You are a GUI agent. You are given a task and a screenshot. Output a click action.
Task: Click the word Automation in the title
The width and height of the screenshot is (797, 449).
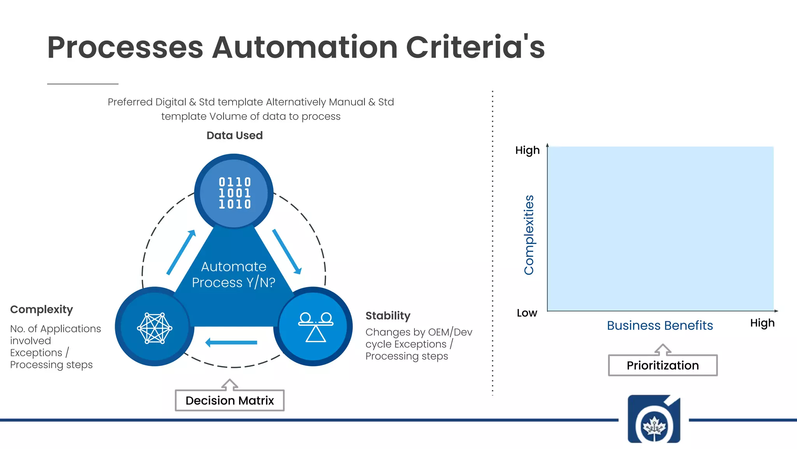pos(305,48)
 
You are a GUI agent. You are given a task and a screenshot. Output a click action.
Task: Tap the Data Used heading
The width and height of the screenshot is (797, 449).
pos(235,136)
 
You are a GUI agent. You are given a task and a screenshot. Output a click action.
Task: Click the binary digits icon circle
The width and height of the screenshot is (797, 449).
pos(234,193)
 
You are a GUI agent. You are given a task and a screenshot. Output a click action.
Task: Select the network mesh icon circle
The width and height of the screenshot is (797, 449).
pos(154,328)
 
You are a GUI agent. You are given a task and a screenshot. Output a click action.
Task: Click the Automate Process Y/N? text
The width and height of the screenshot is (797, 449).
pos(233,274)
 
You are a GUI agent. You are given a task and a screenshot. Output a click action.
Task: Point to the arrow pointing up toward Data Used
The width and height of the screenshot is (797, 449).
pos(181,252)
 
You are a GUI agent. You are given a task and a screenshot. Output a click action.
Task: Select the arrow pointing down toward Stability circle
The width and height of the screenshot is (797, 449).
pos(287,252)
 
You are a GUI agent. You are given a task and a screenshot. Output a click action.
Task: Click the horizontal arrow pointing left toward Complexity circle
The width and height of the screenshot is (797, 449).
pos(231,343)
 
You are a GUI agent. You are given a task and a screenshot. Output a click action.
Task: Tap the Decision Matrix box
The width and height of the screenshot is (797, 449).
pos(230,400)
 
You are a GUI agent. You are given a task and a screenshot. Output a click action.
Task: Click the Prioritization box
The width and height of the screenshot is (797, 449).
pos(662,365)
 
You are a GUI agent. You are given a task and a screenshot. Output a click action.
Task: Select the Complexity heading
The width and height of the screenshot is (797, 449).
pos(42,309)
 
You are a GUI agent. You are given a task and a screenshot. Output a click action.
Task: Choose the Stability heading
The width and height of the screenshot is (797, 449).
pos(388,316)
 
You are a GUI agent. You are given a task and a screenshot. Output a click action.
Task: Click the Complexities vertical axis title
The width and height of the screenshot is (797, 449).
pos(529,235)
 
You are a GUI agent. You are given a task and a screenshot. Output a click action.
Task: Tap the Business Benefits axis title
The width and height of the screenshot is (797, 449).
pos(660,325)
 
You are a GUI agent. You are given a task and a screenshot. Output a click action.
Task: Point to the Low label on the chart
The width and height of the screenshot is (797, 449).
pos(527,313)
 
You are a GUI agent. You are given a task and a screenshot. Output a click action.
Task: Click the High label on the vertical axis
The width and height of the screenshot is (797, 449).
pos(527,150)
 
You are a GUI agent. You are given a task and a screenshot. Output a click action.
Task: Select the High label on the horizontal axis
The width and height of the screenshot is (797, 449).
pos(762,323)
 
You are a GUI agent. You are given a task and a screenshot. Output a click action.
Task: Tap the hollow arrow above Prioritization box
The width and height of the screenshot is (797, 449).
pos(663,350)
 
